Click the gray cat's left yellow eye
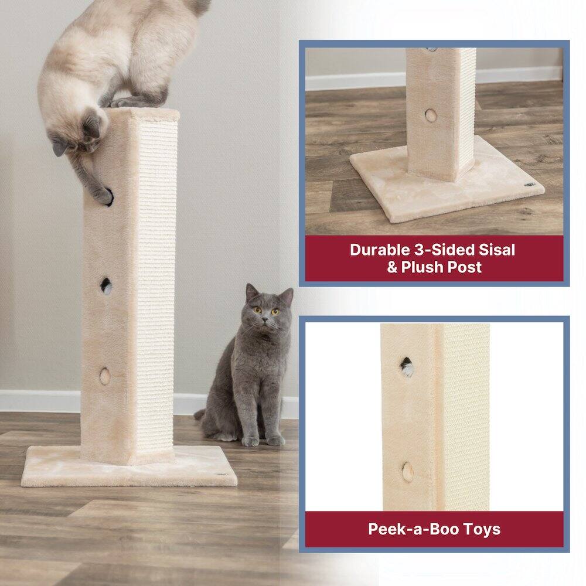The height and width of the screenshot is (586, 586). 257,310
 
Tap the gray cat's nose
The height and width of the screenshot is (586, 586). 265,319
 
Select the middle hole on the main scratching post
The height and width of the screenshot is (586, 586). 106,286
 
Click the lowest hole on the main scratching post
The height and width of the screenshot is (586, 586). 105,376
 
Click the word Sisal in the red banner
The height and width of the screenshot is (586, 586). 495,250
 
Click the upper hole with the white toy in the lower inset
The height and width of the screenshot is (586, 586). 406,367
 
